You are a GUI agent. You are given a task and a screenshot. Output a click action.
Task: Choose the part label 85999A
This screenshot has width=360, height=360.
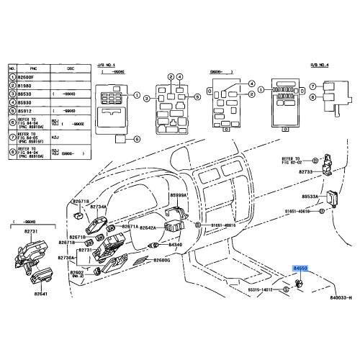point(178,196)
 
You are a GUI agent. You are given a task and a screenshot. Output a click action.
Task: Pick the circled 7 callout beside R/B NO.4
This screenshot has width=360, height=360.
point(312,84)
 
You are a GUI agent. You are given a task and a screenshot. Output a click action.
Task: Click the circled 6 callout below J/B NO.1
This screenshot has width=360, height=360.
point(138,138)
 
